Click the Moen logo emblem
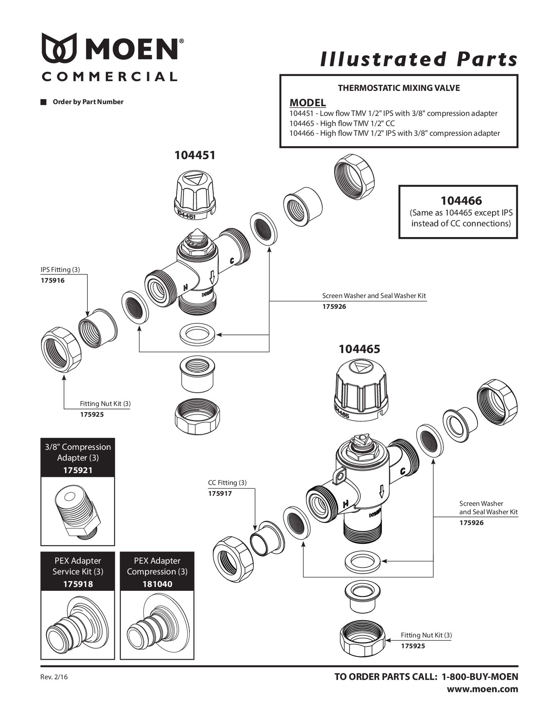[x=59, y=47]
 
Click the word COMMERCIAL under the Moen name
[x=109, y=76]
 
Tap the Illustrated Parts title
[x=419, y=59]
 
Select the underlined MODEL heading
[x=307, y=103]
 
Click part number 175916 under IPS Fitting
[x=52, y=281]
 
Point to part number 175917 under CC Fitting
[x=220, y=494]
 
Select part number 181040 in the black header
[x=157, y=584]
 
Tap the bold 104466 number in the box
[x=461, y=201]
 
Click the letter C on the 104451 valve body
[x=232, y=261]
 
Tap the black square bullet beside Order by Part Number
[x=44, y=102]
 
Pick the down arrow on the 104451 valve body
[x=212, y=277]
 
